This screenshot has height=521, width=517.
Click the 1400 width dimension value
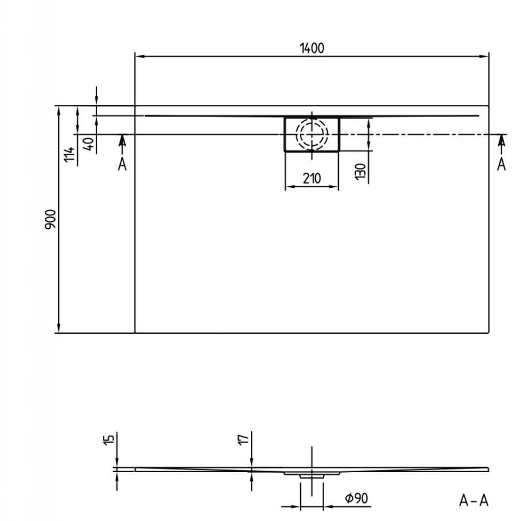coord(311,48)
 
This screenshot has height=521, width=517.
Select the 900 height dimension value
coord(50,218)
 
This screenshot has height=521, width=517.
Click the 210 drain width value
coord(311,178)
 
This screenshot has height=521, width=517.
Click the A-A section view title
coord(473,501)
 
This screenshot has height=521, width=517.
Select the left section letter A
coord(122,164)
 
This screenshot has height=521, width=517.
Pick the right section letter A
coord(501,164)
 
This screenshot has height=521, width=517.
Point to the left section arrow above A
coord(122,142)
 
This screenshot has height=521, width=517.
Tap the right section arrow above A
coord(501,142)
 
